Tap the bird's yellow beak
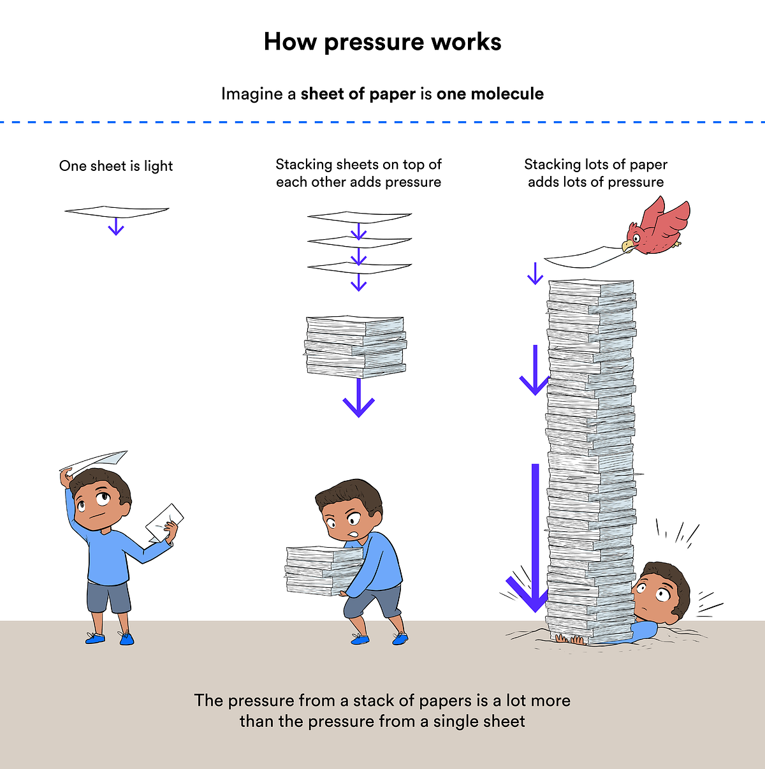click(628, 245)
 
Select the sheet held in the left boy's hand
click(164, 521)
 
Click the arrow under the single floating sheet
click(115, 226)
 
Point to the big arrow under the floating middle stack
click(359, 399)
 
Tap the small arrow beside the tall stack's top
click(535, 273)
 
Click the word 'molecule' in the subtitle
click(507, 94)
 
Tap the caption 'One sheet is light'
click(116, 166)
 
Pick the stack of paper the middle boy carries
click(322, 569)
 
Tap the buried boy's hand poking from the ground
click(569, 638)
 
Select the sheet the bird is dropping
click(580, 258)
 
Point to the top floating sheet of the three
click(360, 217)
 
